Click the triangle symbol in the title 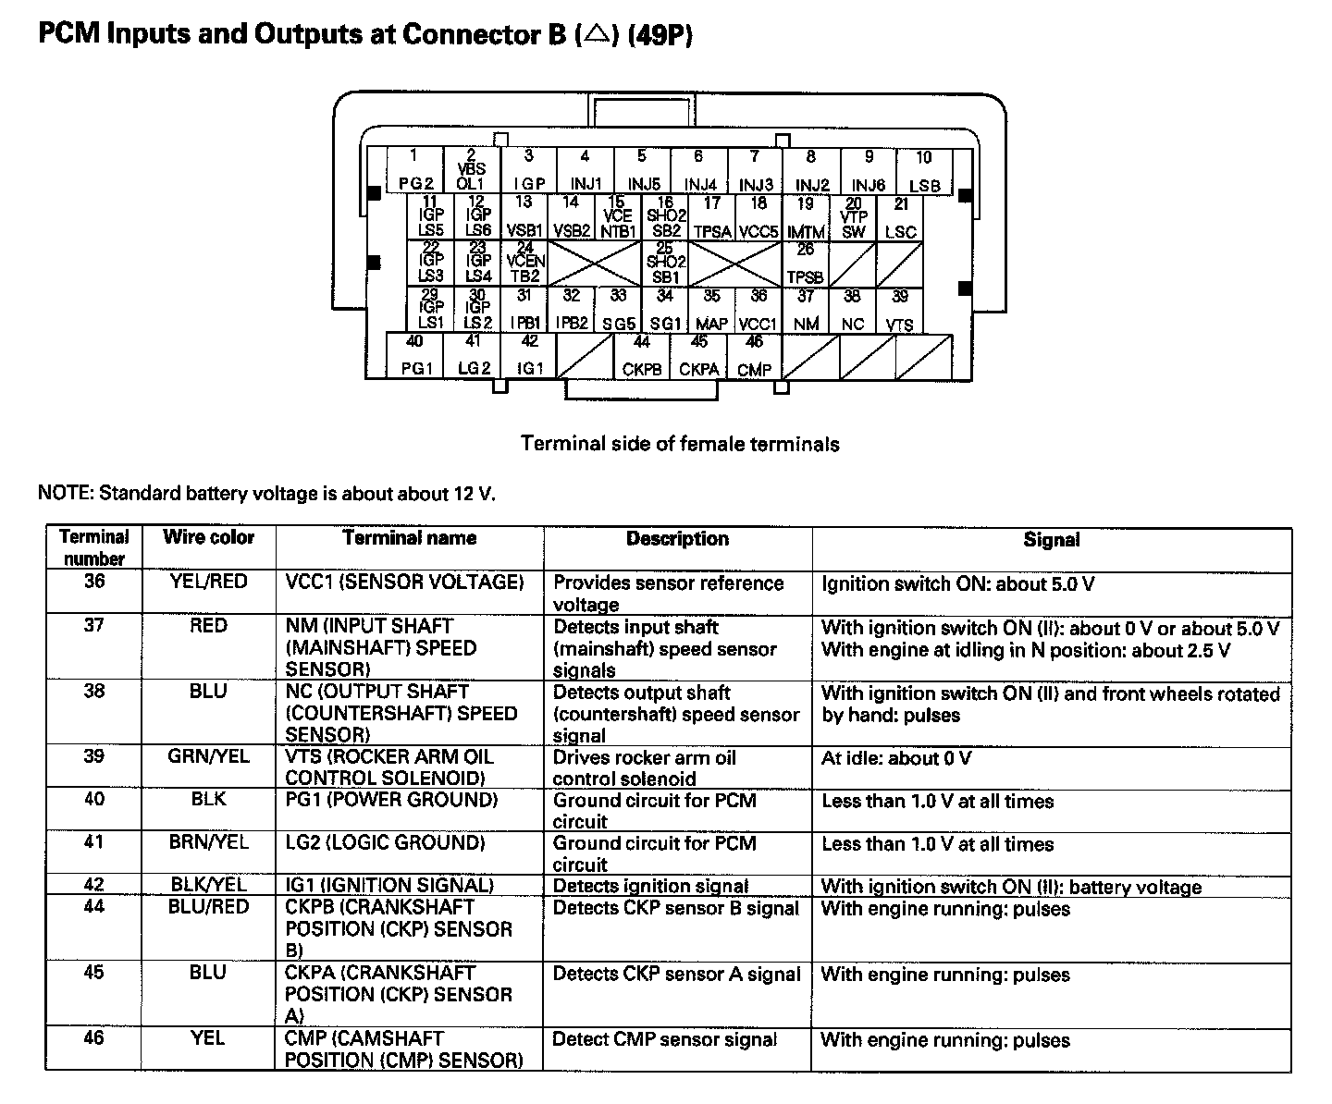[x=597, y=35]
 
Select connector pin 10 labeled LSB [x=924, y=172]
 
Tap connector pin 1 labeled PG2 [x=414, y=171]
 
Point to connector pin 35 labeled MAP [x=711, y=311]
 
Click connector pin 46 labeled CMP [x=755, y=356]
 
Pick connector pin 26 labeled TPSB [x=806, y=264]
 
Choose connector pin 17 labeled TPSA [x=711, y=218]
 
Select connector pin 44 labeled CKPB [x=642, y=356]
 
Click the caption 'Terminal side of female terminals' [x=680, y=444]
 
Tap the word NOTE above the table [x=64, y=493]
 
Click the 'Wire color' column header [x=208, y=537]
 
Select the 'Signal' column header [x=1051, y=540]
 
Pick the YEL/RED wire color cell [x=208, y=582]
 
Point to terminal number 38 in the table [x=94, y=691]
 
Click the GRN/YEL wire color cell [x=208, y=756]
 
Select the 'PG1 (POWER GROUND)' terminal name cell [x=391, y=800]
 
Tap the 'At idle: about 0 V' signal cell [x=896, y=758]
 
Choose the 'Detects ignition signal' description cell [x=650, y=886]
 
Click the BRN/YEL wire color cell [x=208, y=842]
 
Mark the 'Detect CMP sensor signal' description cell [x=664, y=1039]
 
